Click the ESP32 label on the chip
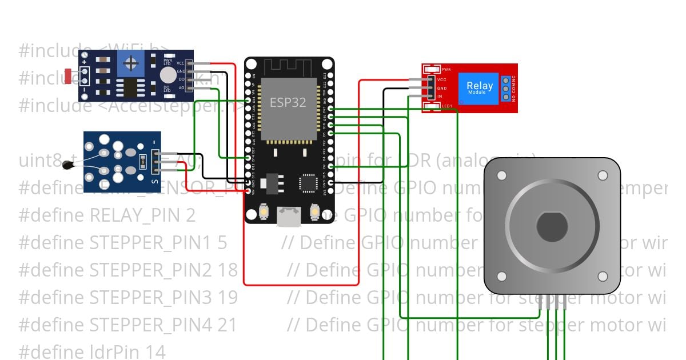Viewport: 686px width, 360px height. (288, 102)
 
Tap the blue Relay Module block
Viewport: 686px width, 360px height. (479, 89)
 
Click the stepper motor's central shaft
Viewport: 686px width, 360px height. (552, 227)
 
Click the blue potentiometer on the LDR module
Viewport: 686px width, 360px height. (131, 62)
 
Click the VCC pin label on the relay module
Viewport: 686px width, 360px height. (442, 79)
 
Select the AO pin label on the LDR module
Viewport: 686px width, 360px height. (181, 88)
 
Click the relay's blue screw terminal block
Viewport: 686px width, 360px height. (506, 89)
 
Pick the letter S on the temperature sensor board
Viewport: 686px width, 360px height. (154, 182)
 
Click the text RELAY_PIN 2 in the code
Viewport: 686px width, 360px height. (143, 215)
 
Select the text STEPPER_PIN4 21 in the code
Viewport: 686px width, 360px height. (163, 325)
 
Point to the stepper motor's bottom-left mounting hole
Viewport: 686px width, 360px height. (502, 277)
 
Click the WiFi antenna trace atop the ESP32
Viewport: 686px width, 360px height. (289, 67)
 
